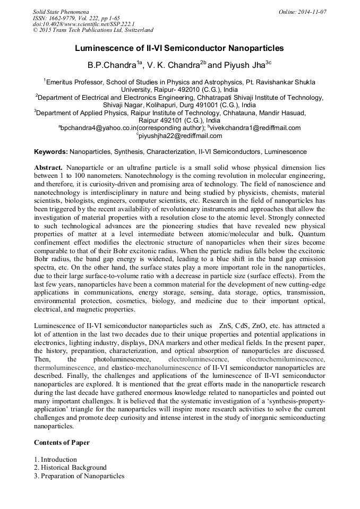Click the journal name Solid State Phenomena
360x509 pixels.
61,11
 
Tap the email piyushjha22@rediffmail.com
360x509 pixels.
181,136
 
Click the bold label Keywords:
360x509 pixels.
50,152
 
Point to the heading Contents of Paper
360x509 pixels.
62,442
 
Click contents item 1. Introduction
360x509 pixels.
55,459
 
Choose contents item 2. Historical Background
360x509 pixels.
70,468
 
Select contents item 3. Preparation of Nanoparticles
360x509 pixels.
79,476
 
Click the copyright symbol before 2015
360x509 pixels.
36,30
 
